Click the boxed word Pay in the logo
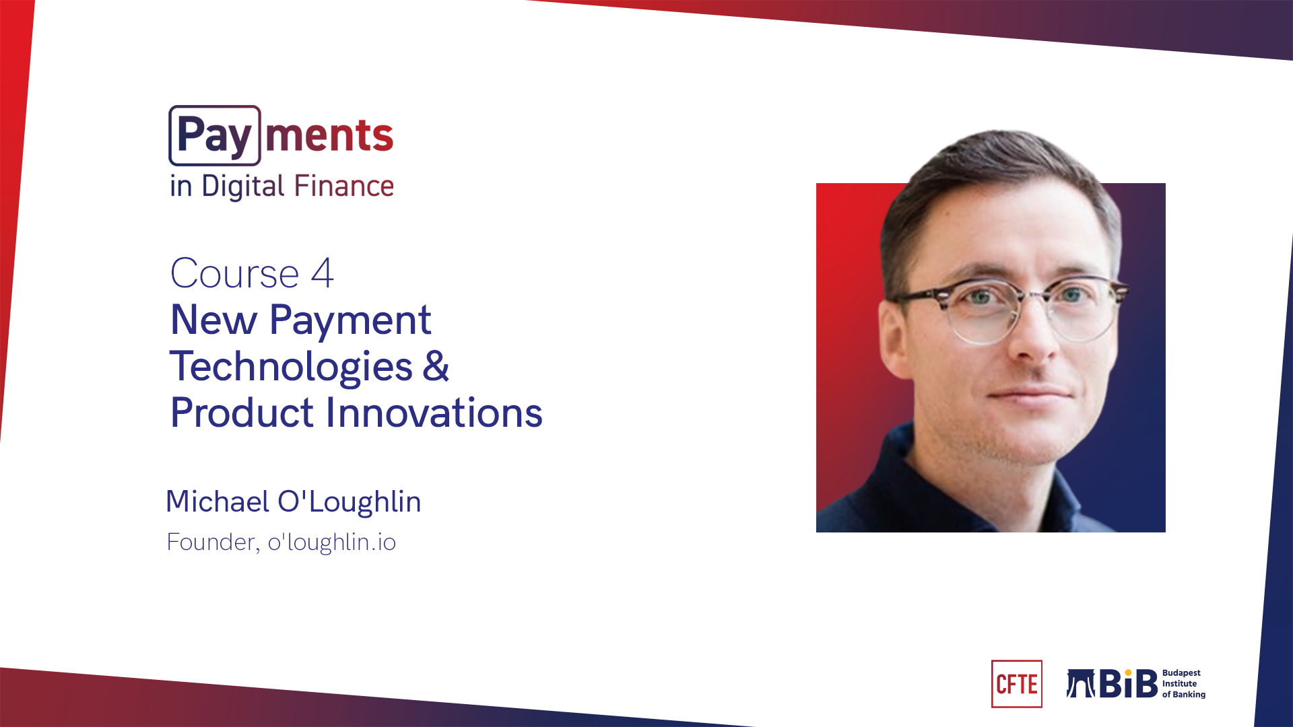pyautogui.click(x=215, y=135)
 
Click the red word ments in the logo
pyautogui.click(x=329, y=135)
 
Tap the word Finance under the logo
pyautogui.click(x=343, y=186)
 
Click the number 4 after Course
pyautogui.click(x=322, y=273)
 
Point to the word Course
pyautogui.click(x=234, y=273)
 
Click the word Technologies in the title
pyautogui.click(x=291, y=366)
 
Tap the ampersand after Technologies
pyautogui.click(x=436, y=366)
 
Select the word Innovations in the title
pyautogui.click(x=434, y=412)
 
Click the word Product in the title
pyautogui.click(x=242, y=412)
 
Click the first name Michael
pyautogui.click(x=218, y=501)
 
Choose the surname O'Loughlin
pyautogui.click(x=349, y=502)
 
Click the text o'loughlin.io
pyautogui.click(x=331, y=543)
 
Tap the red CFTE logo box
pyautogui.click(x=1017, y=684)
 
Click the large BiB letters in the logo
pyautogui.click(x=1129, y=684)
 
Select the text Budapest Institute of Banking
pyautogui.click(x=1184, y=684)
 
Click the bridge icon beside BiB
pyautogui.click(x=1081, y=683)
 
